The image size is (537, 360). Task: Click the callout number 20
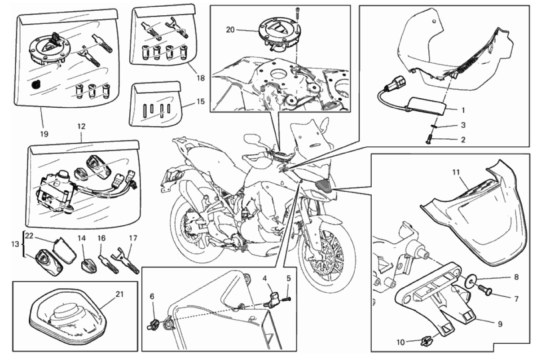tap(230, 30)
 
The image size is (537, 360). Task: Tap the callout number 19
tap(44, 134)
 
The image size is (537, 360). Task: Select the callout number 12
tap(81, 127)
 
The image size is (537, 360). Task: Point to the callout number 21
tap(119, 294)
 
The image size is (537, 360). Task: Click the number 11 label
tap(456, 172)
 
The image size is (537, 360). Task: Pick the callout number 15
tap(200, 102)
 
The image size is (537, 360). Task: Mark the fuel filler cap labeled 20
tap(278, 34)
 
